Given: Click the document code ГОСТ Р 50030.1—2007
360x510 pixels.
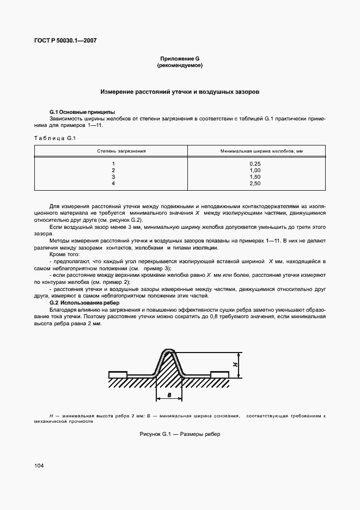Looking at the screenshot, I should tap(65, 41).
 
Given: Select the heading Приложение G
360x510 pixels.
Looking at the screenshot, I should tap(180, 58).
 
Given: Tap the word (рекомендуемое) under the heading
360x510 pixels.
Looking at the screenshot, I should tap(180, 65).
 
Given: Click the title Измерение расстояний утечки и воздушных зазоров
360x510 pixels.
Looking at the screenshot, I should tap(180, 92).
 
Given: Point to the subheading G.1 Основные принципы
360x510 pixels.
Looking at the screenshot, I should tap(79, 112).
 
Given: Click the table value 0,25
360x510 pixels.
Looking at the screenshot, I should tap(255, 164).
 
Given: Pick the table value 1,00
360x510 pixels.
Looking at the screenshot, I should tap(255, 171).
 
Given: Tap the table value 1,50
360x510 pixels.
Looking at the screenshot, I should tap(255, 177).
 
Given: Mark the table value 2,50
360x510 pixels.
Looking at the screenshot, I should tap(255, 184).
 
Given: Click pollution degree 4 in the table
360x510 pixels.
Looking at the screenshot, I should tap(113, 184).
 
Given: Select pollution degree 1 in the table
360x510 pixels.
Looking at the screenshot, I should tap(113, 164).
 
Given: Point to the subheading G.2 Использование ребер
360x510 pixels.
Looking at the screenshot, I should tap(84, 302).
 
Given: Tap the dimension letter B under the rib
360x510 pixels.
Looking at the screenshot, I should tap(169, 395).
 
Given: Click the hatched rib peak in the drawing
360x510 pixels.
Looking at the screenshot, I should tap(169, 362).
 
